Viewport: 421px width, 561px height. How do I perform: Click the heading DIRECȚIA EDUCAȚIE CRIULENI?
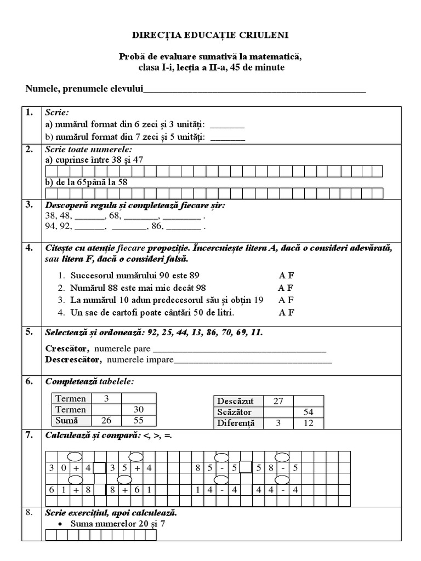[x=210, y=35]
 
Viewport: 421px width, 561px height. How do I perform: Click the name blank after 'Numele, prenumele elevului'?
[x=254, y=89]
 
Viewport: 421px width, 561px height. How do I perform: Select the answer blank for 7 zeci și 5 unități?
[x=227, y=136]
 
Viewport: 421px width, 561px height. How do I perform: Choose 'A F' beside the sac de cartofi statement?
[x=286, y=313]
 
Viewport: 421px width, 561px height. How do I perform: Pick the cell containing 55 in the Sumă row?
[x=138, y=420]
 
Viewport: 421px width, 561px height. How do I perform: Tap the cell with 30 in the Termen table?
[x=138, y=409]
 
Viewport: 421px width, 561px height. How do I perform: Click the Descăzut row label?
[x=237, y=401]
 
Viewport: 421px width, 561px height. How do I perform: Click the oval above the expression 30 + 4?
[x=75, y=456]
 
